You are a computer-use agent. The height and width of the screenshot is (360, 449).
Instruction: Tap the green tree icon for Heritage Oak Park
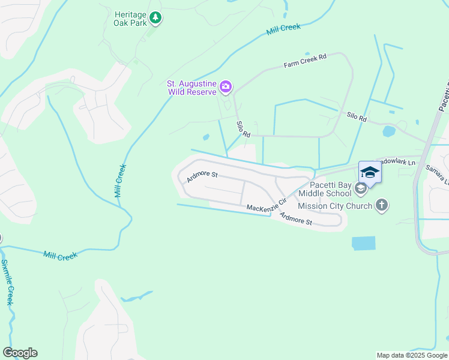click(x=155, y=18)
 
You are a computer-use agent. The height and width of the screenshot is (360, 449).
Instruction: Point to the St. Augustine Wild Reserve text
click(x=192, y=88)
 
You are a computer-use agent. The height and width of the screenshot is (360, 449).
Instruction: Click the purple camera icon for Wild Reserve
click(x=226, y=87)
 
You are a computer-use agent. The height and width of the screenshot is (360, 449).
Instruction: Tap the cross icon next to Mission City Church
click(x=381, y=206)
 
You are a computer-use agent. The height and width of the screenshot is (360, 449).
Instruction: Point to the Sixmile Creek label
click(x=7, y=282)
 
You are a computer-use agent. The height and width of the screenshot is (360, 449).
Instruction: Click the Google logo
click(x=20, y=353)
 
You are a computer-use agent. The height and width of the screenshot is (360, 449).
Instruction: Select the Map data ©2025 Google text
click(x=412, y=355)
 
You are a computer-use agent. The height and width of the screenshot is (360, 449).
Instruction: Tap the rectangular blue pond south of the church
click(x=363, y=243)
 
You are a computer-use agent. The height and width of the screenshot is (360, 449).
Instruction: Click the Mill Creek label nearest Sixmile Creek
click(x=60, y=256)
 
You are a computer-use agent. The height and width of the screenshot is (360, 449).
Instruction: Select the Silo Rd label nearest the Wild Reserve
click(x=243, y=130)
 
